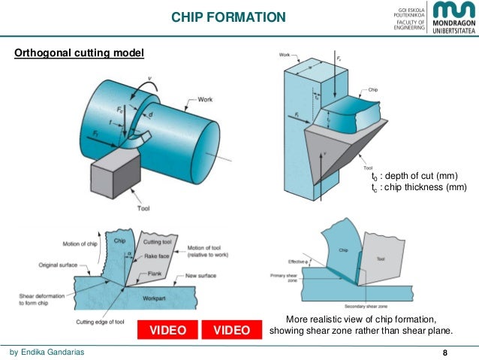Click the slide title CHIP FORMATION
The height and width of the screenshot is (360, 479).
coord(228,17)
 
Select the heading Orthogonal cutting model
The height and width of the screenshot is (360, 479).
coord(80,53)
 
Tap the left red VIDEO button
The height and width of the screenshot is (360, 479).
coord(167,330)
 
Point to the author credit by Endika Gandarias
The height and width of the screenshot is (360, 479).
coord(52,351)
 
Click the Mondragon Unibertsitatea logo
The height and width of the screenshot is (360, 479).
coord(450,18)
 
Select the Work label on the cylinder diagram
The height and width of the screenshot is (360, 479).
coord(207,99)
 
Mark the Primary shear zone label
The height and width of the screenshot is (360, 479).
coord(289,277)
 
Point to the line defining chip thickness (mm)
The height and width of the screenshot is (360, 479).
coord(408,187)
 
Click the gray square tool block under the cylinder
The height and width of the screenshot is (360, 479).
coord(113,180)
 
